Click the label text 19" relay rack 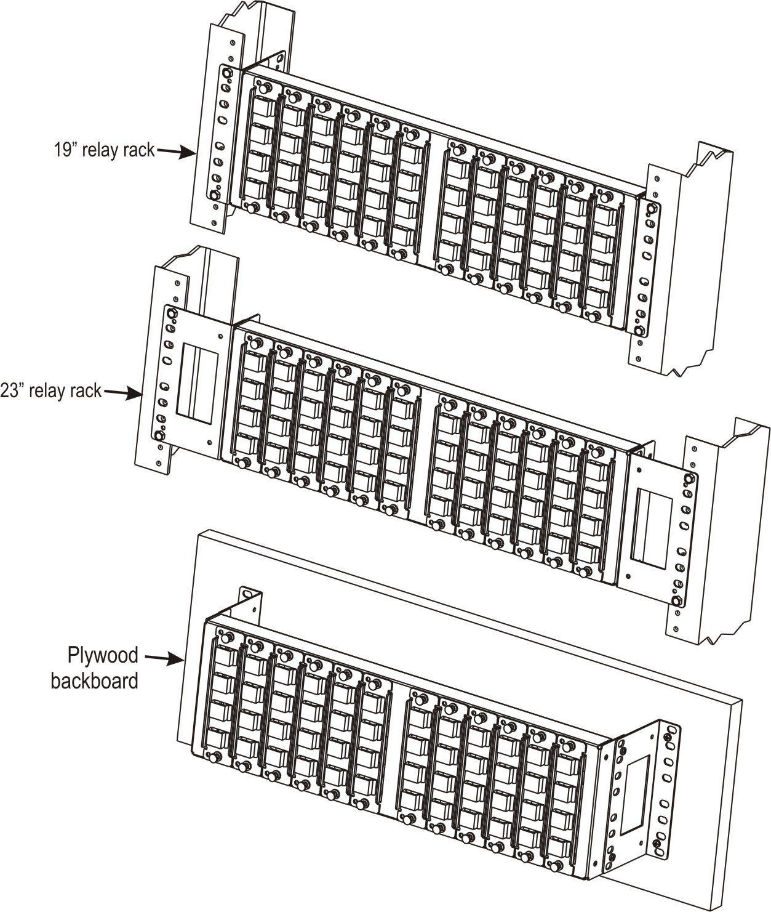(104, 150)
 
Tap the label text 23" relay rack (52, 392)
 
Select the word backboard (95, 681)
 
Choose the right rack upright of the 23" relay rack (720, 530)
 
